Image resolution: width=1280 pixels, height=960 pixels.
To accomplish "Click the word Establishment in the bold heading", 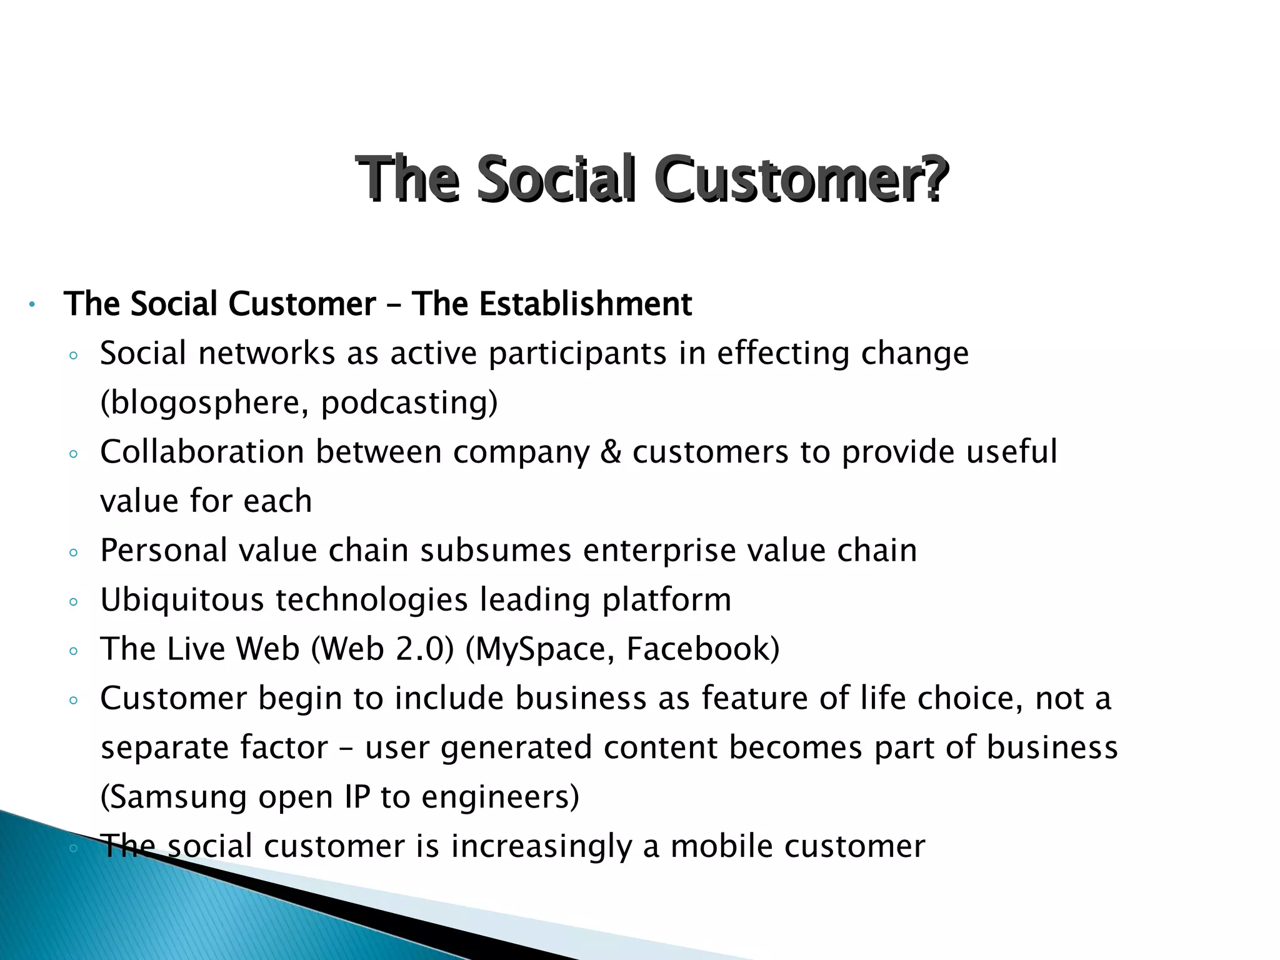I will [585, 304].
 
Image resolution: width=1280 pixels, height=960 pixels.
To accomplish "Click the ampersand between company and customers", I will [611, 452].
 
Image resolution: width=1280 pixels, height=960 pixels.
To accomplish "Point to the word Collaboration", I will [202, 452].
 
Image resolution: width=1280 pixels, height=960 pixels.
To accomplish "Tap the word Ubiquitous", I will [182, 600].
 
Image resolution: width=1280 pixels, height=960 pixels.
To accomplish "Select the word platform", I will [666, 600].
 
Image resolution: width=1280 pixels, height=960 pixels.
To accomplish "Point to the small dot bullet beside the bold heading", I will [31, 305].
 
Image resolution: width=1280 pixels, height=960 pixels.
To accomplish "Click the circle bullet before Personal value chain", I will [74, 552].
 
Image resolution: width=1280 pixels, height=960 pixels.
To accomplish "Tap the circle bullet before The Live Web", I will [74, 651].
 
